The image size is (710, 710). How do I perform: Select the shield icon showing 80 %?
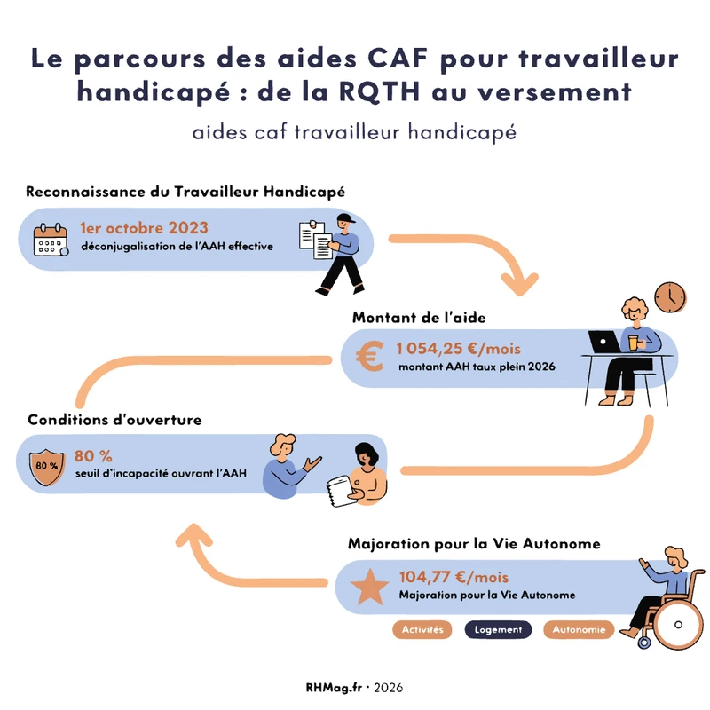[x=48, y=465]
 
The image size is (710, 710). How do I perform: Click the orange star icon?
[x=367, y=588]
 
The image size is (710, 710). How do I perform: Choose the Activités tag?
[x=422, y=630]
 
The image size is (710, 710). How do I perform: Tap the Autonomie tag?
[x=580, y=630]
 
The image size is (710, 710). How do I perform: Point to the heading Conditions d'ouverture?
[x=114, y=419]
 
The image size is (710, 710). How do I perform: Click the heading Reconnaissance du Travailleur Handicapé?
[x=185, y=191]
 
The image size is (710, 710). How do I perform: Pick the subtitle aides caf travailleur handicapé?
[x=354, y=132]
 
